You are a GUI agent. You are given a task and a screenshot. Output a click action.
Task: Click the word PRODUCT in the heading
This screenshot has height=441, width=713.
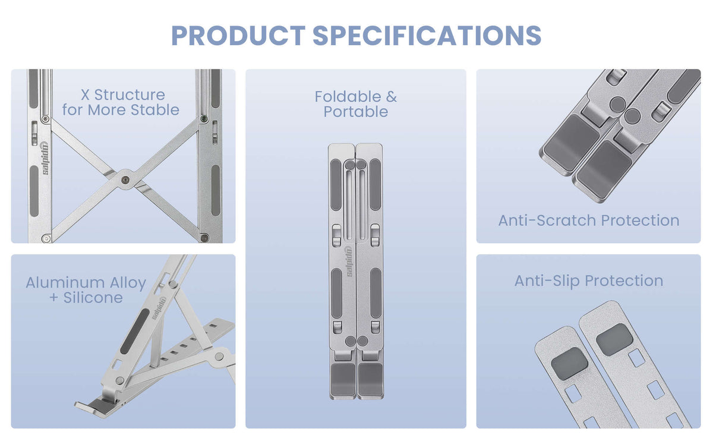(238, 35)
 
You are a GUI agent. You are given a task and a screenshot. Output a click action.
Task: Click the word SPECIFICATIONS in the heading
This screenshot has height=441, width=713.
(427, 35)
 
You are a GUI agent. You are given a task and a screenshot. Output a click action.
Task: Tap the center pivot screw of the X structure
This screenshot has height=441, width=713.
(126, 180)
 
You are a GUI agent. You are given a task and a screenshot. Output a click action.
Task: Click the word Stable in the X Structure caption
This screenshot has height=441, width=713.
(155, 110)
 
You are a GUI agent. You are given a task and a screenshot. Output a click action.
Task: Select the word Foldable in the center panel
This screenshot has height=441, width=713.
(348, 96)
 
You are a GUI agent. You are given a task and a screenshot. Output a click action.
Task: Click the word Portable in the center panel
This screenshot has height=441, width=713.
(356, 112)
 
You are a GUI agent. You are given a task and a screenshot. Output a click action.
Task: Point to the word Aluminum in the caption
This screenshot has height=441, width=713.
(65, 283)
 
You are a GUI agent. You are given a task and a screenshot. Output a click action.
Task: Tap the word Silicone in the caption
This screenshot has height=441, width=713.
(93, 298)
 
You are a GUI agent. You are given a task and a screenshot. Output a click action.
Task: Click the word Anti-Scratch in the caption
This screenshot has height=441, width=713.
(547, 220)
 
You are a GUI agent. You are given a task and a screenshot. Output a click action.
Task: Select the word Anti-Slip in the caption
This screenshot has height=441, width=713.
(547, 281)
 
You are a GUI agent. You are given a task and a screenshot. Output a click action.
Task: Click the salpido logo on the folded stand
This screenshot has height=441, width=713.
(349, 262)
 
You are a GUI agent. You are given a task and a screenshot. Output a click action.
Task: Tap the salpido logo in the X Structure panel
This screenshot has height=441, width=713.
(45, 159)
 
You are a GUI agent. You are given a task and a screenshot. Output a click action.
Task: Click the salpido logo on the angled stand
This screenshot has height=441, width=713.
(159, 308)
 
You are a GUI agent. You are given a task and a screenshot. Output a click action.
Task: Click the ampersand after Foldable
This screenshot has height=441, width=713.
(392, 96)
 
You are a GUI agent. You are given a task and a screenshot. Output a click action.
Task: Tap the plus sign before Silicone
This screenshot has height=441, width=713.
(54, 298)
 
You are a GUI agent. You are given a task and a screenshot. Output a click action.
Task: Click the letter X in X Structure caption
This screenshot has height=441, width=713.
(85, 95)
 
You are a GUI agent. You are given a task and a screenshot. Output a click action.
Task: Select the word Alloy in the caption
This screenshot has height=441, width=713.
(128, 283)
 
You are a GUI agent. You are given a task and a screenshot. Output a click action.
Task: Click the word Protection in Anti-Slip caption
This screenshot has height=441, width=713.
(624, 281)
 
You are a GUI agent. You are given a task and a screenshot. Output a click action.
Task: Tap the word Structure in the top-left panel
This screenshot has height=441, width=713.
(130, 95)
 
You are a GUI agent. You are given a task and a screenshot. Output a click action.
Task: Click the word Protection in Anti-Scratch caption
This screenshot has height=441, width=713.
(640, 220)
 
